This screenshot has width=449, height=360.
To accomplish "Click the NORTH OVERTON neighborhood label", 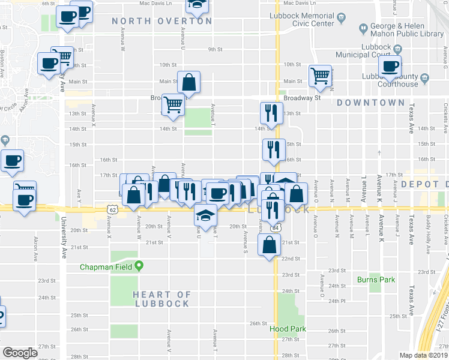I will pos(162,21).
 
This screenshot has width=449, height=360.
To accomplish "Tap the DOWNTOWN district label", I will pos(371,103).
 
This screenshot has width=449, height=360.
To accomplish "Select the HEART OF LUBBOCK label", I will pos(161,299).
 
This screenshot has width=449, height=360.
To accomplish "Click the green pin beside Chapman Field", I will pos(139,265).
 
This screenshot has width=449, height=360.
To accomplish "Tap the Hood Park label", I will pos(287,329).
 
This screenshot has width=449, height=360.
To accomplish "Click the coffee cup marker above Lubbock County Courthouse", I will pos(391,66).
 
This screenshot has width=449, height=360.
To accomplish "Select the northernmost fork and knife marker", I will pos(271,113).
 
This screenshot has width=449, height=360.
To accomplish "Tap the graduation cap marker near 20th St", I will pos(205,214).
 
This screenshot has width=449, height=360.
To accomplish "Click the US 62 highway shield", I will pos(112,209).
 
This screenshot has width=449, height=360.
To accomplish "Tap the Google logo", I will pos(20,353).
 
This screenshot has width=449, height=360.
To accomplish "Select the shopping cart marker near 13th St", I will pos(173,104).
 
